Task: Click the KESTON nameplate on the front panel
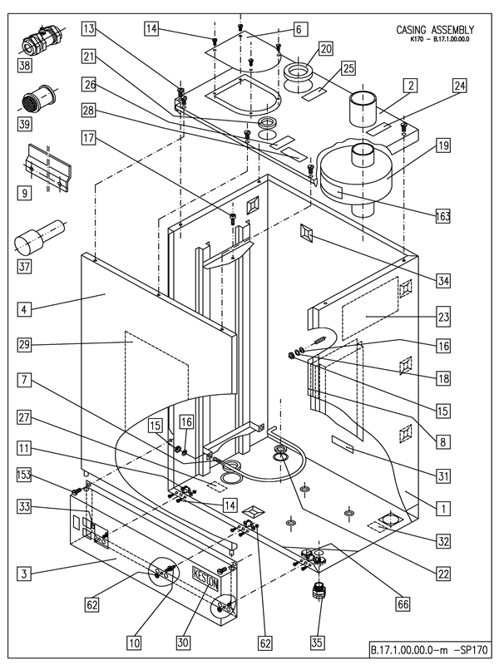[205, 575]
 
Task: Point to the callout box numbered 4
[27, 311]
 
